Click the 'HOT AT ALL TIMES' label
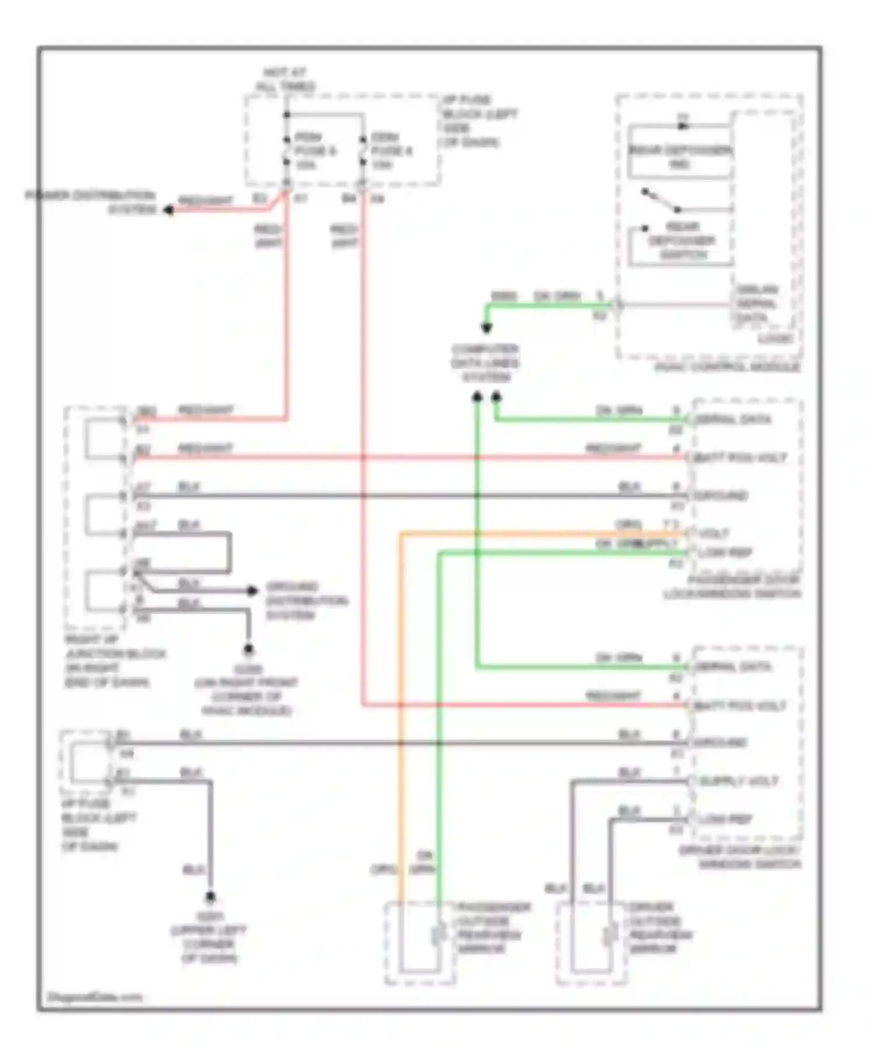285,79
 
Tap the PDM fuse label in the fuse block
315,151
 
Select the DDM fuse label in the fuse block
391,151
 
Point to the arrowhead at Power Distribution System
168,209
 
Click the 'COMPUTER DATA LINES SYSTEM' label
485,363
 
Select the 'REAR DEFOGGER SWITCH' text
681,240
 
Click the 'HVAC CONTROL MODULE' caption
727,367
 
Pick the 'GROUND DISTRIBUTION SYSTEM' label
306,601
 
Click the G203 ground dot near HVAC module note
249,649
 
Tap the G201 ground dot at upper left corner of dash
210,896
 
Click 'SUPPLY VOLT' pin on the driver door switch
738,781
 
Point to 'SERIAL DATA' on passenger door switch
733,419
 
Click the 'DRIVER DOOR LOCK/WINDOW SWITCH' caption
740,857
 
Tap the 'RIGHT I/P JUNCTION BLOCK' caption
115,661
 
